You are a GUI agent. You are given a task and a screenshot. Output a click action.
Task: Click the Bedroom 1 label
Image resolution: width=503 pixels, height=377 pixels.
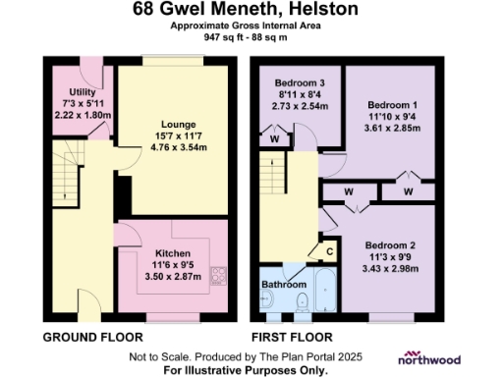391,104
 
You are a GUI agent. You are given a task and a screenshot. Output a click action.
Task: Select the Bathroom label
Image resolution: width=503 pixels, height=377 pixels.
282,285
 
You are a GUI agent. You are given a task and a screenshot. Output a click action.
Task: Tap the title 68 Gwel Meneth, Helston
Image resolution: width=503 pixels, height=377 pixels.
251,11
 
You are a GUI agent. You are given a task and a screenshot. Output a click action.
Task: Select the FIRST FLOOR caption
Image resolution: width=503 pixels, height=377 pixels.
294,337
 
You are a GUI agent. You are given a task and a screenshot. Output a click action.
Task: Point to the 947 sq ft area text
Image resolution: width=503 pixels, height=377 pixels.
251,37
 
